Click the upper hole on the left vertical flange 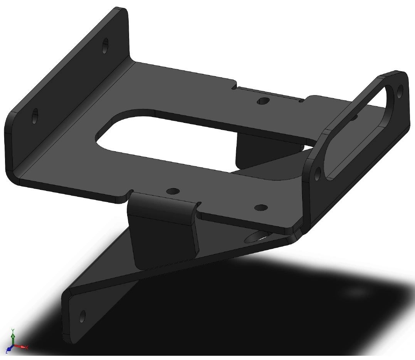point(105,46)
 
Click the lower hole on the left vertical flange point(35,115)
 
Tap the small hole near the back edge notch point(263,101)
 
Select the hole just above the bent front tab point(173,191)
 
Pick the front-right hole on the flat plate point(261,208)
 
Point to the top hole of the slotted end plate point(400,90)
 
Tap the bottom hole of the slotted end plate point(317,174)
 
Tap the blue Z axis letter point(7,351)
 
